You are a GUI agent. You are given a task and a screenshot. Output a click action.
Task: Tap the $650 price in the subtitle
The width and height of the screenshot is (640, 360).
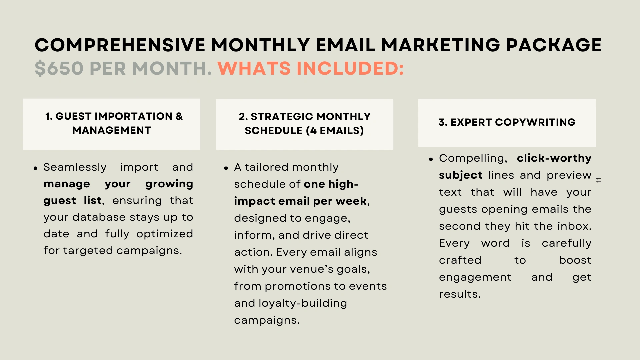(59, 68)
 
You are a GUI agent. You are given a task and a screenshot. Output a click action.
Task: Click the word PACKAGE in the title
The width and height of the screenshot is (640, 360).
(554, 45)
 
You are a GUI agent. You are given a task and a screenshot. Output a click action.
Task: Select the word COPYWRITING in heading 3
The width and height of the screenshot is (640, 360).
(535, 122)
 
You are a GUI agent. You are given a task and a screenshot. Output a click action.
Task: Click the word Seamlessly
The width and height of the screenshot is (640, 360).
(75, 167)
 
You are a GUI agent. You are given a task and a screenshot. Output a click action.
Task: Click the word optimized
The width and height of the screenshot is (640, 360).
(165, 234)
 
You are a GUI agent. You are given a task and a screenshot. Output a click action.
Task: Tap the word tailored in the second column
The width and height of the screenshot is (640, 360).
(265, 167)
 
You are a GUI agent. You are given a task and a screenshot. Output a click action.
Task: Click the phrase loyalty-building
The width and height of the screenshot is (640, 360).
(303, 303)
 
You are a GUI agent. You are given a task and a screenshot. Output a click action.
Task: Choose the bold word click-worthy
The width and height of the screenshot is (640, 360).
(554, 158)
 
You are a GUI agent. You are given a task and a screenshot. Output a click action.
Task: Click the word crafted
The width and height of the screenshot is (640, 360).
(460, 260)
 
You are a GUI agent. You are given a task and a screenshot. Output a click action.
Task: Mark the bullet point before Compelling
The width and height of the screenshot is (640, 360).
(431, 159)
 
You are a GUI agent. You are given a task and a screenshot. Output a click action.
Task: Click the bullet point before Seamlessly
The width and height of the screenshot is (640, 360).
(35, 168)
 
